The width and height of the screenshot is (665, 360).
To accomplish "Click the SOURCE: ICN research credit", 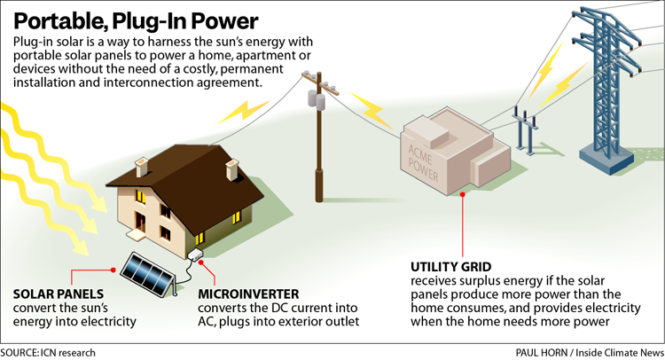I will pyautogui.click(x=49, y=352).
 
